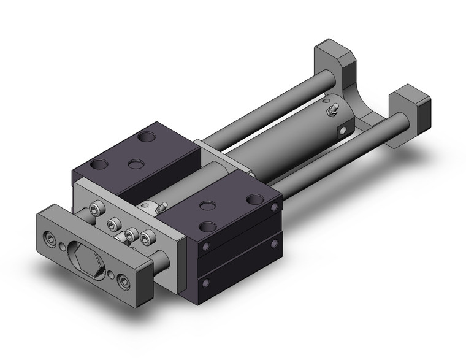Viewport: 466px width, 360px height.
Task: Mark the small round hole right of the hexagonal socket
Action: tap(111, 275)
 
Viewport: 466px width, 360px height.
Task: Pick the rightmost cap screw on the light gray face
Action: tap(147, 237)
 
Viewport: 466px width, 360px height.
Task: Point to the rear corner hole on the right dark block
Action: tap(254, 199)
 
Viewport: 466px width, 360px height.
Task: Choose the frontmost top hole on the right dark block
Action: tap(208, 226)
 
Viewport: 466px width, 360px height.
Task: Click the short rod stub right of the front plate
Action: tap(161, 261)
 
